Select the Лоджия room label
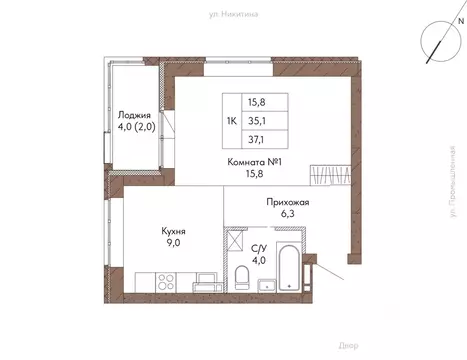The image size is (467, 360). (134, 114)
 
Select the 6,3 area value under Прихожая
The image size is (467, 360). (287, 213)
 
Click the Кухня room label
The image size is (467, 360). (176, 230)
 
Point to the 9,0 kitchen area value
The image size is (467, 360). (176, 243)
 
